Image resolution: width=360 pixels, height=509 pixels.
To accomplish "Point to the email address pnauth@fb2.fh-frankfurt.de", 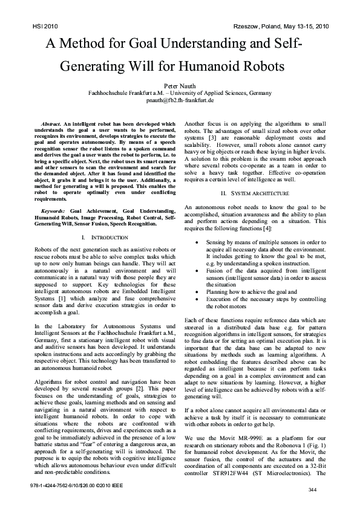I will [180, 100].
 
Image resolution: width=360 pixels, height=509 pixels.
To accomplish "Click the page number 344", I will [312, 489].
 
